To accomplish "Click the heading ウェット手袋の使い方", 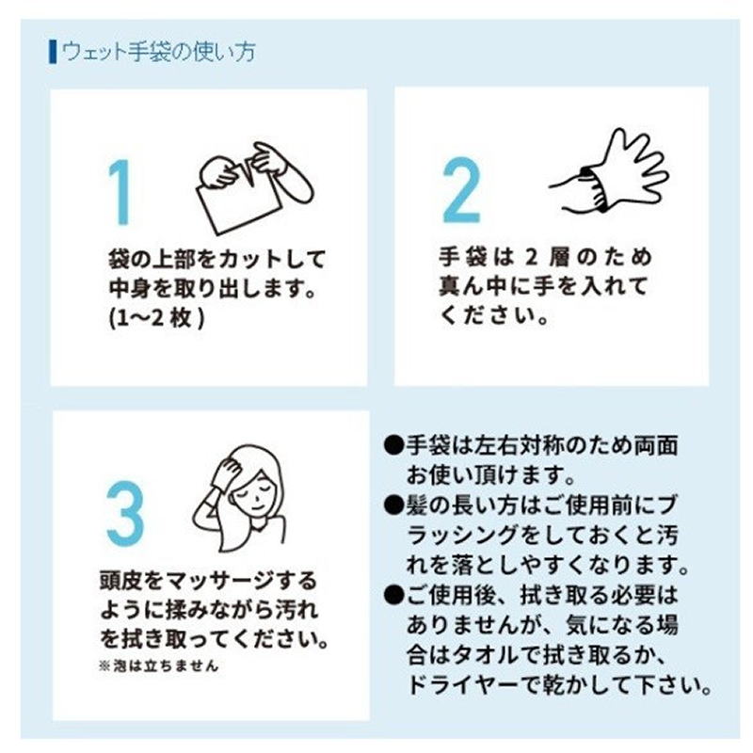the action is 158,52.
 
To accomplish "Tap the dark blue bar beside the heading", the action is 53,52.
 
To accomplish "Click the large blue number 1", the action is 120,192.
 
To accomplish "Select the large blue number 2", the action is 461,190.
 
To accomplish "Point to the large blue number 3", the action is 125,514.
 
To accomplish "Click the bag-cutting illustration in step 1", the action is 254,188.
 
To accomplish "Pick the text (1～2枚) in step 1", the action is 157,317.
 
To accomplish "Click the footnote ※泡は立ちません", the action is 158,666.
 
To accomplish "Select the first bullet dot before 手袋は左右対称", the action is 393,445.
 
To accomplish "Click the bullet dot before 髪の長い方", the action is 393,505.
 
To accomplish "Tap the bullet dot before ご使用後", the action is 393,595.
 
